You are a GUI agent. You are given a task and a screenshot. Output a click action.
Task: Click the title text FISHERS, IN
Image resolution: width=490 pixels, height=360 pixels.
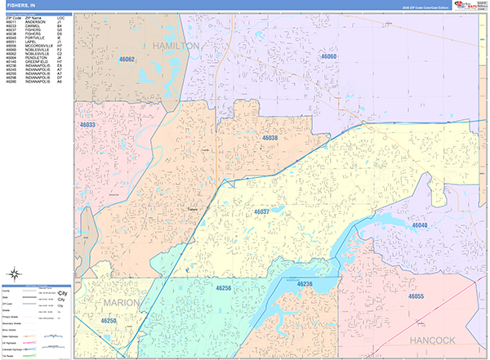pyautogui.click(x=22, y=6)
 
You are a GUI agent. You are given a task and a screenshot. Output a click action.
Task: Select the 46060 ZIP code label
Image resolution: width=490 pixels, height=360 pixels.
pyautogui.click(x=328, y=56)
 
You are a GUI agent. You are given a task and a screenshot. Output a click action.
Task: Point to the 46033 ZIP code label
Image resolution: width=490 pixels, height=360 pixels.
pyautogui.click(x=87, y=124)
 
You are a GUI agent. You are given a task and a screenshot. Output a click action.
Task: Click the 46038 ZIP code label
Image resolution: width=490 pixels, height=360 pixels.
pyautogui.click(x=270, y=139)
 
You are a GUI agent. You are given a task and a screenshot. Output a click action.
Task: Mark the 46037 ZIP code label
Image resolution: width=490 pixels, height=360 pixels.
pyautogui.click(x=261, y=211)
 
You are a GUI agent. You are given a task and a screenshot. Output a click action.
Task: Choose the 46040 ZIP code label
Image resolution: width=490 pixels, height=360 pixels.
pyautogui.click(x=421, y=224)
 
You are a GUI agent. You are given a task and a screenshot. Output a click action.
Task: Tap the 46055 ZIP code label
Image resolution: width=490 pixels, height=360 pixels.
pyautogui.click(x=416, y=296)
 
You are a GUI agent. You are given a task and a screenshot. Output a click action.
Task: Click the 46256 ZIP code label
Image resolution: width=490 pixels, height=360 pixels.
pyautogui.click(x=224, y=288)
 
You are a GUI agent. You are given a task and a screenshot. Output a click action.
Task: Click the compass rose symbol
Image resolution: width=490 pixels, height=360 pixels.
pyautogui.click(x=14, y=274)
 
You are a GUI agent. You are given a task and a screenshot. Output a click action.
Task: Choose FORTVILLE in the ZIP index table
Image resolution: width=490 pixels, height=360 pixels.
pyautogui.click(x=34, y=38)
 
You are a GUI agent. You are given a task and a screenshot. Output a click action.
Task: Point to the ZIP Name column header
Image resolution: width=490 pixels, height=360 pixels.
pyautogui.click(x=33, y=18)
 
